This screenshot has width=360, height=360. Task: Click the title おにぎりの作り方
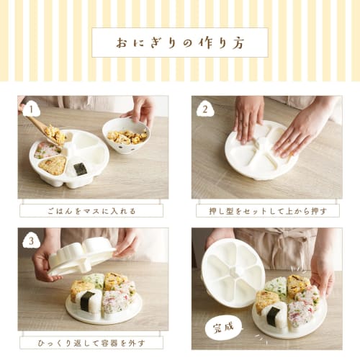tap(179, 42)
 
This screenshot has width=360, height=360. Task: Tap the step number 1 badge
tap(31, 109)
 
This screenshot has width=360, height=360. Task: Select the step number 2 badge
tap(204, 109)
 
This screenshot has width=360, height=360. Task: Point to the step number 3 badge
tap(31, 240)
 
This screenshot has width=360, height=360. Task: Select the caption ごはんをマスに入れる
tap(91, 211)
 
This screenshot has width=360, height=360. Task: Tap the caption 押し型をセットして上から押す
tap(267, 211)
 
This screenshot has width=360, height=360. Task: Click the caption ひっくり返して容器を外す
tap(91, 342)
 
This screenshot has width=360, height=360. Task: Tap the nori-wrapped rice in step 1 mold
tap(80, 169)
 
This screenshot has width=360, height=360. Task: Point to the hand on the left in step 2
tap(248, 115)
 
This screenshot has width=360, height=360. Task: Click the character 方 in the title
tap(237, 42)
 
